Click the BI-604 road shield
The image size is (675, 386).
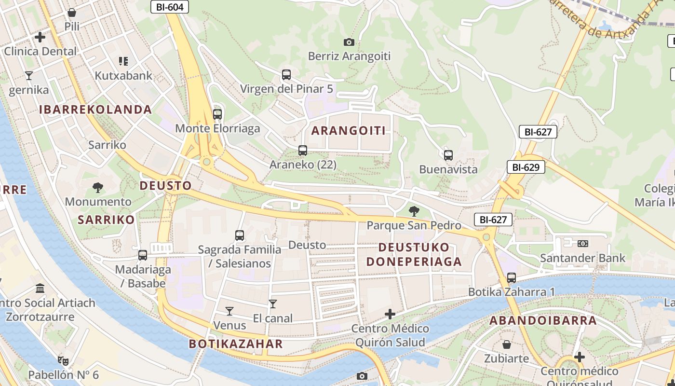(x=169, y=7)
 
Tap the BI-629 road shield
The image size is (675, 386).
(x=526, y=167)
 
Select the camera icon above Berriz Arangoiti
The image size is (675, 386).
(x=349, y=42)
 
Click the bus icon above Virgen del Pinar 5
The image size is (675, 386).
(x=286, y=75)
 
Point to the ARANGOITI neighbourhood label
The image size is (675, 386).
(x=348, y=131)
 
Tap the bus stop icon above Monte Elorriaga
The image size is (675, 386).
(x=217, y=114)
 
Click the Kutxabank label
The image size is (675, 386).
(x=123, y=76)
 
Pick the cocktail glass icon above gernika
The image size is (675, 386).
(x=29, y=75)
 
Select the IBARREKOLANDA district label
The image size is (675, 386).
(x=95, y=110)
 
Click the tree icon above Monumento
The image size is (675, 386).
(x=98, y=187)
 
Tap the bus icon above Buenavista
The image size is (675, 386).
(x=448, y=155)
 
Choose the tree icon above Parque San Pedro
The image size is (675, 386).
(x=414, y=211)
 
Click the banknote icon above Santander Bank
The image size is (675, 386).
(x=582, y=244)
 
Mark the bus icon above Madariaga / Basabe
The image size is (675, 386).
(x=143, y=255)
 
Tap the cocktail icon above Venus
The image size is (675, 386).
(x=229, y=311)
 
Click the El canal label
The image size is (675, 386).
(x=273, y=318)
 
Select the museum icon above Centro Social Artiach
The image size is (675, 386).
(x=40, y=289)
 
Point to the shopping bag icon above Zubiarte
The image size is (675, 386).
(x=507, y=345)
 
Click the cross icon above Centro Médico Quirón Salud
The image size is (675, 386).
(x=390, y=315)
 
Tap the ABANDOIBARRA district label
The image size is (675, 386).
(x=543, y=320)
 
